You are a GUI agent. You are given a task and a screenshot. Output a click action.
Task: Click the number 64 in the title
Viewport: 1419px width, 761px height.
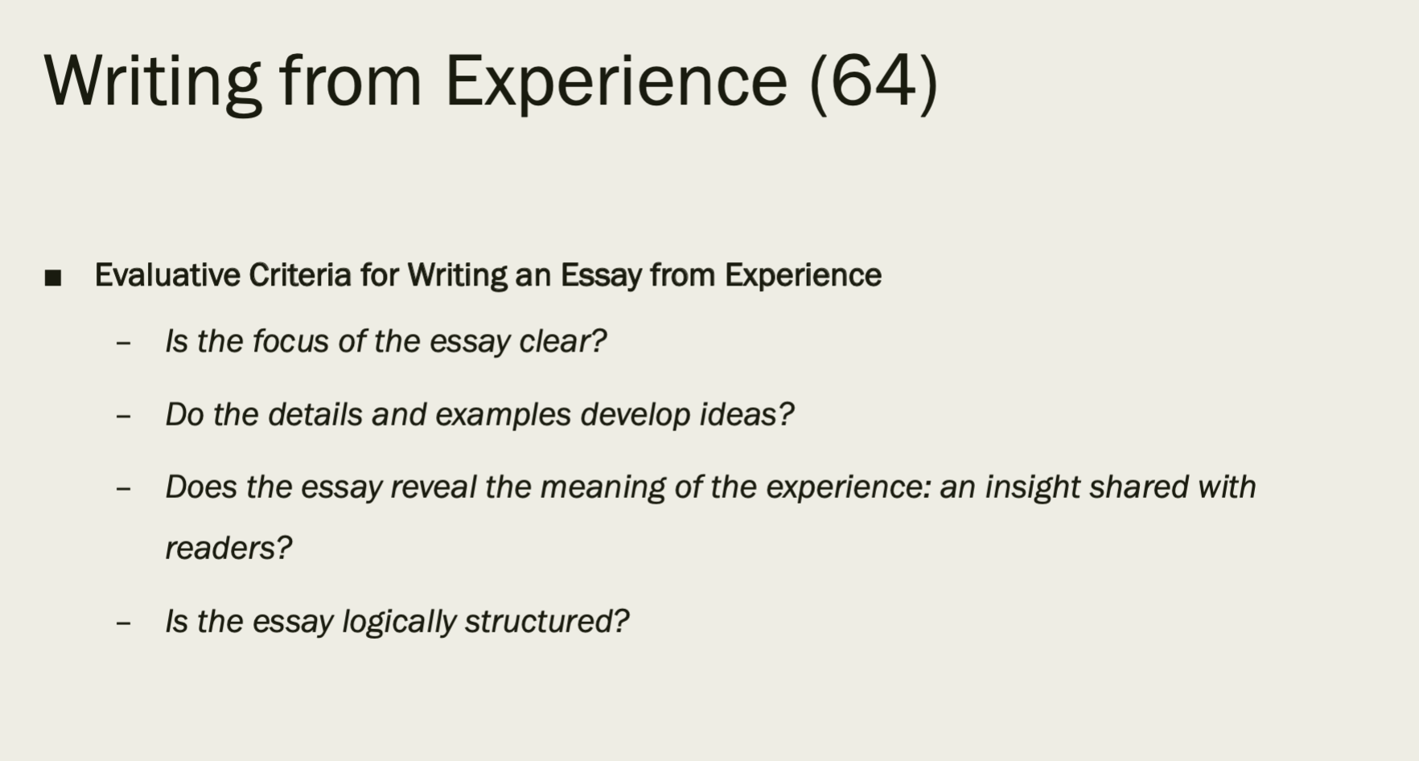point(874,80)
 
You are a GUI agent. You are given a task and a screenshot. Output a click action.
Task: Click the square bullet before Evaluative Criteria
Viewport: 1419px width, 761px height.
point(53,278)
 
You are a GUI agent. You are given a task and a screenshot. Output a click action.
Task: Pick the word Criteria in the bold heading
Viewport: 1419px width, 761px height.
point(300,275)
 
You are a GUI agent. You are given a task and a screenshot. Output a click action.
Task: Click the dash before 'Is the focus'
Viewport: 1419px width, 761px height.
point(123,343)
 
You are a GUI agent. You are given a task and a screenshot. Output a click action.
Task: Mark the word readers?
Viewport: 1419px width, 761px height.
point(228,548)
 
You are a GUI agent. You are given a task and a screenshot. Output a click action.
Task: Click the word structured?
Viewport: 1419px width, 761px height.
point(547,621)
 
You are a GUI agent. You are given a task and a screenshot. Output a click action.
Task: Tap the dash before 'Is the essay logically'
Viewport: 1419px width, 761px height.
point(123,623)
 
